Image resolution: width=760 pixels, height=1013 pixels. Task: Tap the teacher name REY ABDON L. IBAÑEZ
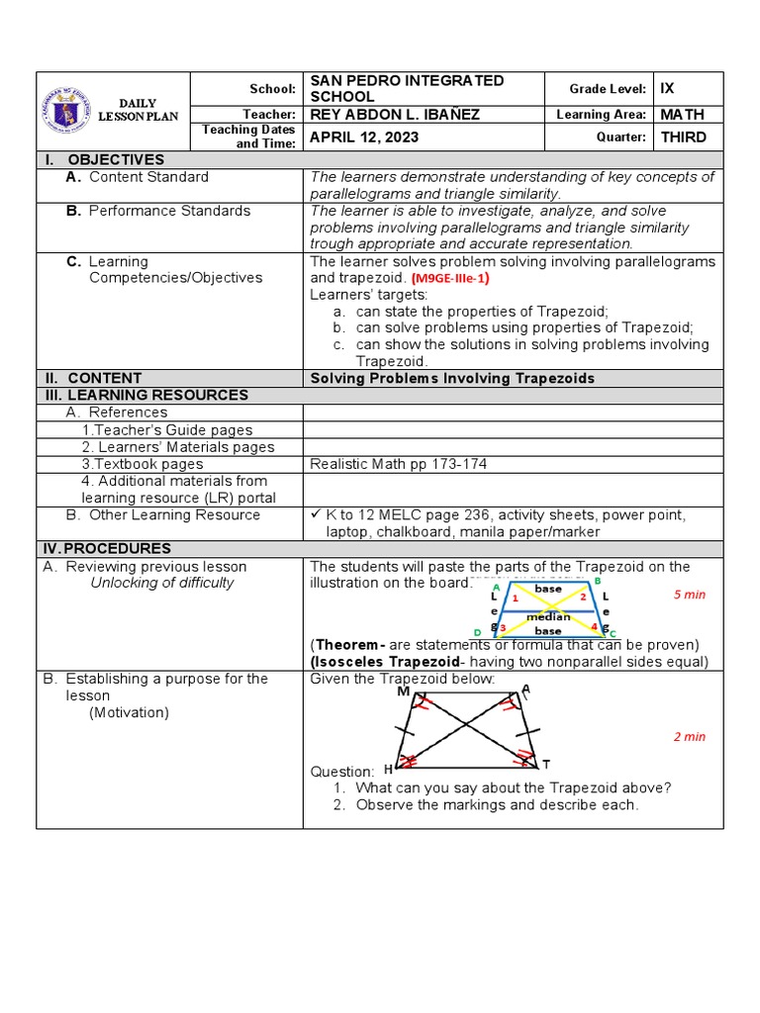pyautogui.click(x=395, y=115)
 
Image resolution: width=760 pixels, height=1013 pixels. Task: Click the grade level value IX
pyautogui.click(x=667, y=88)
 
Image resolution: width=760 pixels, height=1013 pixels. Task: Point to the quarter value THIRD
pyautogui.click(x=683, y=138)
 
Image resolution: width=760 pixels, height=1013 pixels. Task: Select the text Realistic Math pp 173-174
pyautogui.click(x=398, y=464)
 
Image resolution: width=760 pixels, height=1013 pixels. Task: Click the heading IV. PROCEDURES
pyautogui.click(x=106, y=548)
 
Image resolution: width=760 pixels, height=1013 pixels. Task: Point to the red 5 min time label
pyautogui.click(x=689, y=595)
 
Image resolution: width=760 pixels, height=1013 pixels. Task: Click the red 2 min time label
pyautogui.click(x=689, y=737)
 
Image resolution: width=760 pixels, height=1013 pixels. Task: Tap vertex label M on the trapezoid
pyautogui.click(x=403, y=692)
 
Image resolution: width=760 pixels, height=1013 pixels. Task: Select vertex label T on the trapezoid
pyautogui.click(x=545, y=764)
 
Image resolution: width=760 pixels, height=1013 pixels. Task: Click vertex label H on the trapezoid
pyautogui.click(x=388, y=768)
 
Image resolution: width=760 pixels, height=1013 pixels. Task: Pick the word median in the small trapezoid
pyautogui.click(x=547, y=617)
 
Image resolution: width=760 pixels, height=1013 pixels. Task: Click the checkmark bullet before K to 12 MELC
pyautogui.click(x=316, y=514)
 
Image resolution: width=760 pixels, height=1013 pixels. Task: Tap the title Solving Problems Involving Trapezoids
pyautogui.click(x=452, y=378)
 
